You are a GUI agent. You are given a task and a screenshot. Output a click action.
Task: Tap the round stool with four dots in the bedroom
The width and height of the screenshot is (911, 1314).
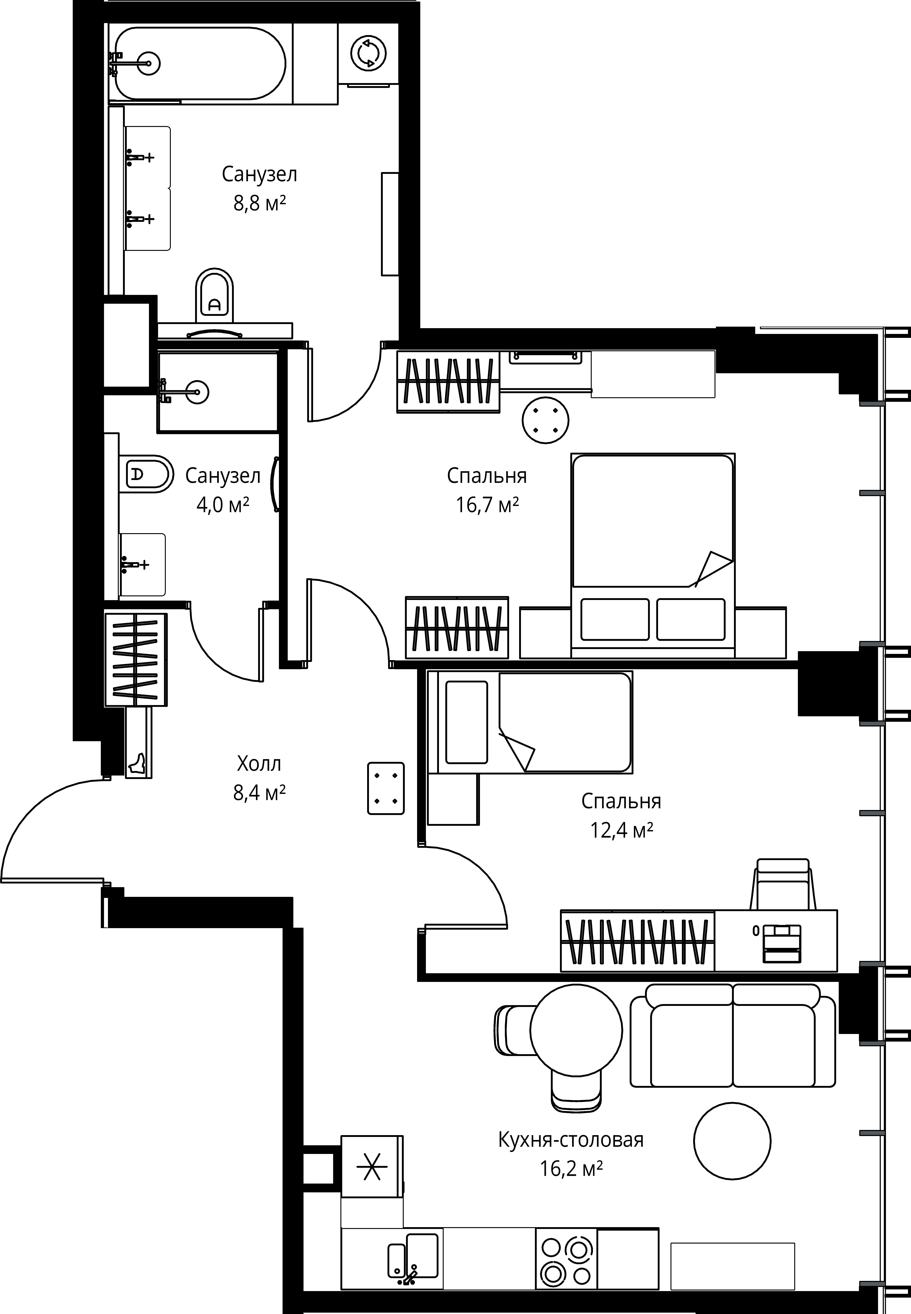click(x=546, y=420)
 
